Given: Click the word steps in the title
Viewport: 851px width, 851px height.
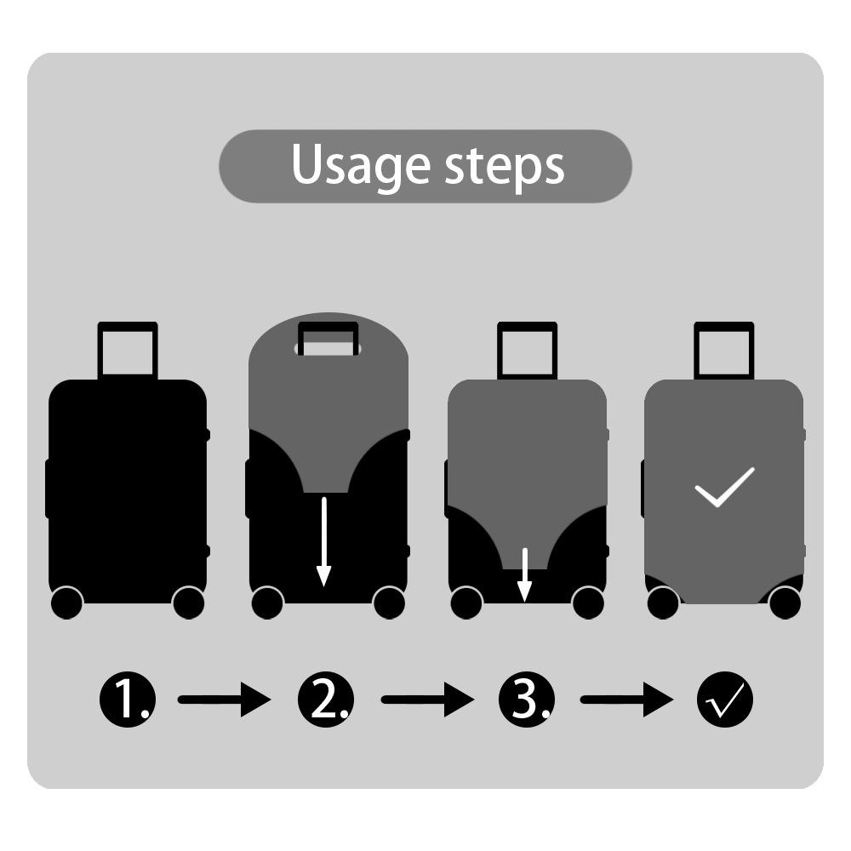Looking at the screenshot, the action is click(x=505, y=166).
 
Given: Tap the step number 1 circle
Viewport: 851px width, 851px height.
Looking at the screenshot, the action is click(x=128, y=700).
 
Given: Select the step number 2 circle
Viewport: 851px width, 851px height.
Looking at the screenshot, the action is click(x=326, y=700).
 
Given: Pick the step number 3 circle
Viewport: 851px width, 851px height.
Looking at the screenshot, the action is click(x=527, y=700).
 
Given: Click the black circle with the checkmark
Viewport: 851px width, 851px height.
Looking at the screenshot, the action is click(x=725, y=700).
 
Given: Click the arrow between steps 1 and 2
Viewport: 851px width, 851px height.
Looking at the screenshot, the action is click(x=224, y=700).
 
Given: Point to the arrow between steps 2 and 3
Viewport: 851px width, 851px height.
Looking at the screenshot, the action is click(x=428, y=700).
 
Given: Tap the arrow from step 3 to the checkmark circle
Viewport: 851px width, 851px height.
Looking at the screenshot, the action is click(x=627, y=700).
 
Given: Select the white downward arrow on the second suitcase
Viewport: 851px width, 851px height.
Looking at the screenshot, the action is click(x=324, y=541).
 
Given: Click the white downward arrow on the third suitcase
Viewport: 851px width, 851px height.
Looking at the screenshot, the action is click(x=524, y=575).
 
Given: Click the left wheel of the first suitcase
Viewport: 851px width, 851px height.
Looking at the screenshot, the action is click(x=66, y=603).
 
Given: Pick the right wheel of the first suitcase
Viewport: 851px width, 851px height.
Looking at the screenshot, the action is click(x=188, y=603).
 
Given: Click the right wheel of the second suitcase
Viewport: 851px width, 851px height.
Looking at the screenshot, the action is click(x=389, y=603).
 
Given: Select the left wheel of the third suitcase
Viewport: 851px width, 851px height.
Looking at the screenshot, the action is click(x=466, y=603).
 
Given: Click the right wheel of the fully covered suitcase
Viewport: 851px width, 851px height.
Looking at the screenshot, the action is click(x=785, y=603).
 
